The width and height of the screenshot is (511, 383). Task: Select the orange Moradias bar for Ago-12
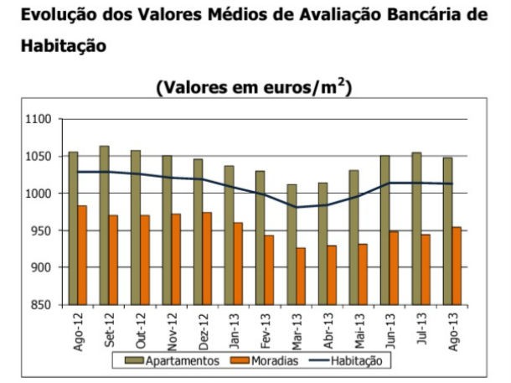pos(82,256)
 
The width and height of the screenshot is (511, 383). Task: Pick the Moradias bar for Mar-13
pos(301,277)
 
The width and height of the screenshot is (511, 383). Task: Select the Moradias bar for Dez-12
pos(207,259)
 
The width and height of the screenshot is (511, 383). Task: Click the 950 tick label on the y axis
pos(42,230)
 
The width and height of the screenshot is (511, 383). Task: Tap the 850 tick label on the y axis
pos(42,304)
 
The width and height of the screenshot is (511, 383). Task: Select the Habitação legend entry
pos(349,361)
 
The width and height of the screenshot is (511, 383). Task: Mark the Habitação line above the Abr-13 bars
pos(328,204)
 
